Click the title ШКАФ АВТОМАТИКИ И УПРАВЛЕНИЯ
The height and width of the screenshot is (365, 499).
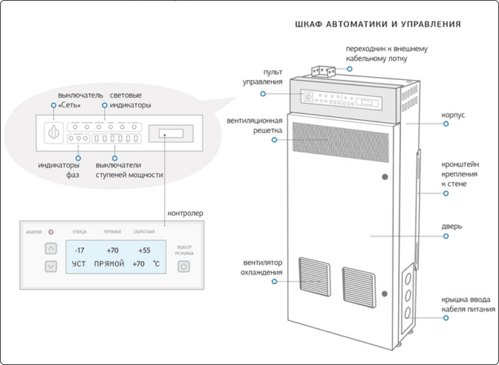pyautogui.click(x=378, y=24)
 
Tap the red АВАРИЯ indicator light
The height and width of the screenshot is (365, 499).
pyautogui.click(x=50, y=232)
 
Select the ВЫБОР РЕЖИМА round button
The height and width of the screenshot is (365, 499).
pyautogui.click(x=184, y=267)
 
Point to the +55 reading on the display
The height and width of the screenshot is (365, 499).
pyautogui.click(x=144, y=250)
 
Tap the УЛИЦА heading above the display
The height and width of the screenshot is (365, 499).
pyautogui.click(x=79, y=232)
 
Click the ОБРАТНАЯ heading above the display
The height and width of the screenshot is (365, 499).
pyautogui.click(x=144, y=232)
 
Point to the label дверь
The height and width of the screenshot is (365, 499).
pyautogui.click(x=453, y=226)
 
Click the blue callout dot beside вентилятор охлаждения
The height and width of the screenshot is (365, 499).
pyautogui.click(x=274, y=282)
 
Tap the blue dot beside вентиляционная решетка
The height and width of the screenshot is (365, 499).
pyautogui.click(x=274, y=140)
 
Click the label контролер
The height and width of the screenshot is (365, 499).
pyautogui.click(x=185, y=213)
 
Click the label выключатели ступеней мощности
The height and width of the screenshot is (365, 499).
pyautogui.click(x=129, y=170)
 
